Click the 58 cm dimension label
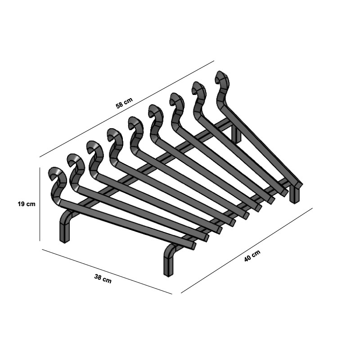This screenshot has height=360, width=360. tap(124, 103)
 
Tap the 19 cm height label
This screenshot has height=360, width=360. tap(26, 204)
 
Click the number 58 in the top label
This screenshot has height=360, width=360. tap(120, 105)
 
